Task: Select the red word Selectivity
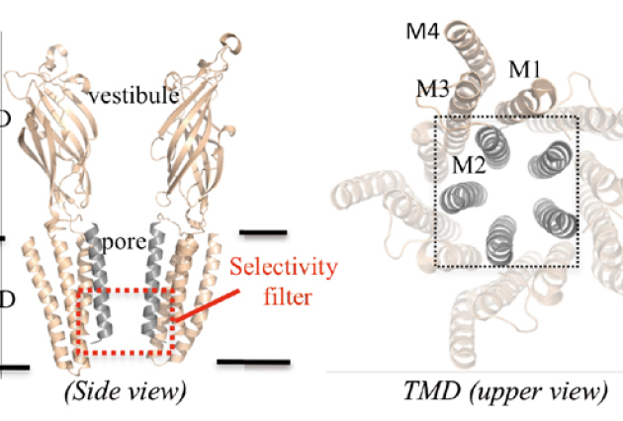click(x=284, y=268)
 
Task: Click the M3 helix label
click(x=434, y=90)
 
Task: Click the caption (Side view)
click(x=125, y=391)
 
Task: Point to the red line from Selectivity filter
click(x=202, y=305)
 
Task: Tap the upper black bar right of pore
click(x=263, y=233)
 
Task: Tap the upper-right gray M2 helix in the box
click(x=552, y=157)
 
